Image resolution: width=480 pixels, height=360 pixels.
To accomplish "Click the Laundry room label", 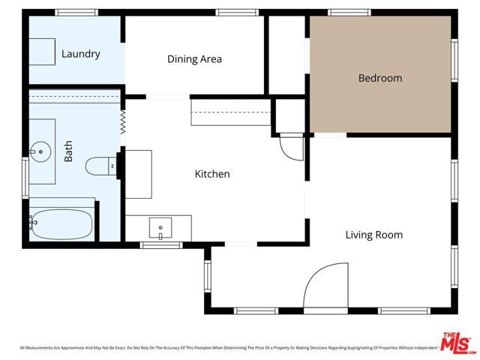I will [80, 54].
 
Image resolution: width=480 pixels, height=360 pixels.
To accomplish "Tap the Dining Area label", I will [194, 59].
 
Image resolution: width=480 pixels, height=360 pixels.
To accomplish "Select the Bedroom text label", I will [379, 78].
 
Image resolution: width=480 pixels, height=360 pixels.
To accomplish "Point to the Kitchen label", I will [212, 174].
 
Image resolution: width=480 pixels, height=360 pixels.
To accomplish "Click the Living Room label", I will [373, 235].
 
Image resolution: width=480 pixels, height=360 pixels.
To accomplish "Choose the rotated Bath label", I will [69, 154].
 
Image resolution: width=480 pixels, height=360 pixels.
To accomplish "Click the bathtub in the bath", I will [62, 223].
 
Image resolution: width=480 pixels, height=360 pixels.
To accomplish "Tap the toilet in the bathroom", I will [99, 166].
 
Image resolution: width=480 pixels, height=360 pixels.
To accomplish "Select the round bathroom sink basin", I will [38, 152].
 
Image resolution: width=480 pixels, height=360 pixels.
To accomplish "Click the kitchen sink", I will [160, 226].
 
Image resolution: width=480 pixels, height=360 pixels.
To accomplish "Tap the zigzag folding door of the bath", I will [121, 122].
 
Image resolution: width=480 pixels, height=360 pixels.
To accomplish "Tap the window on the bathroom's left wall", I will [26, 178].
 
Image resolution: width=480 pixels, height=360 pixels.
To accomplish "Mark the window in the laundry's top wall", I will [76, 12].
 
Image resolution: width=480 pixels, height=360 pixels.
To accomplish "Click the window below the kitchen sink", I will [161, 244].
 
